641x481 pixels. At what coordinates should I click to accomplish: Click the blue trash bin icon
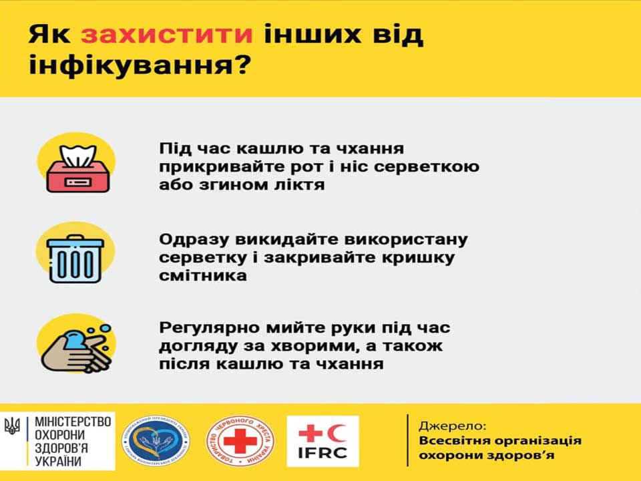click(75, 257)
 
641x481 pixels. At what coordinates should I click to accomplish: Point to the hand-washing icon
click(75, 347)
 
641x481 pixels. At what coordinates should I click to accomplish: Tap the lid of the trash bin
click(75, 241)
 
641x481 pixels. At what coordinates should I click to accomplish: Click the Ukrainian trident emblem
click(13, 426)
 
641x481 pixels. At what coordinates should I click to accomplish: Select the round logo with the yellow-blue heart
click(155, 442)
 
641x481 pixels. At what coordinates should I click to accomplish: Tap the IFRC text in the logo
click(323, 454)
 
